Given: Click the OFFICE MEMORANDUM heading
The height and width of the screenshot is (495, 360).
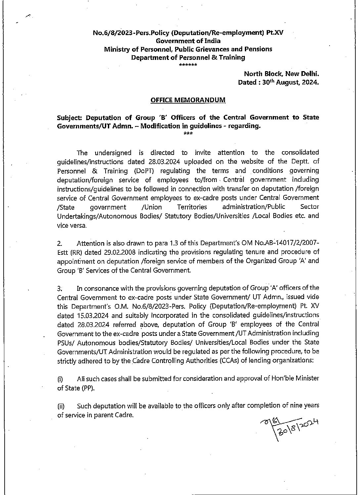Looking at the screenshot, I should pyautogui.click(x=188, y=100).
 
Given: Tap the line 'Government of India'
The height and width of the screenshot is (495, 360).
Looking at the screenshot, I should pyautogui.click(x=188, y=41).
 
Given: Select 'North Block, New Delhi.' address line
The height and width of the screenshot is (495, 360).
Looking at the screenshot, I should pyautogui.click(x=281, y=73).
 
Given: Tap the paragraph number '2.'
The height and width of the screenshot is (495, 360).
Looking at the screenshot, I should pyautogui.click(x=59, y=244).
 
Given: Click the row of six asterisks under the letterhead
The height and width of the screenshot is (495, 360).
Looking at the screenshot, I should pyautogui.click(x=188, y=65).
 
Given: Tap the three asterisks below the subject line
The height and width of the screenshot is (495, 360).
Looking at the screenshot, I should pyautogui.click(x=188, y=134).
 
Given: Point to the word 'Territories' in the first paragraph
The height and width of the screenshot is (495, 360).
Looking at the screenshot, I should pyautogui.click(x=192, y=207).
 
